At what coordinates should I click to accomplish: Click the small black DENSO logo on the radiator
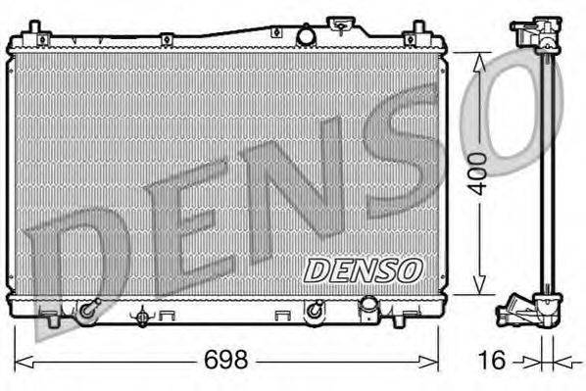(x=364, y=267)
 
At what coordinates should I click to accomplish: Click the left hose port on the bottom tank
(x=88, y=311)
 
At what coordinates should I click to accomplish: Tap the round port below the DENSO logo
(x=315, y=311)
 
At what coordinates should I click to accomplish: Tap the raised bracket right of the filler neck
(x=342, y=24)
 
